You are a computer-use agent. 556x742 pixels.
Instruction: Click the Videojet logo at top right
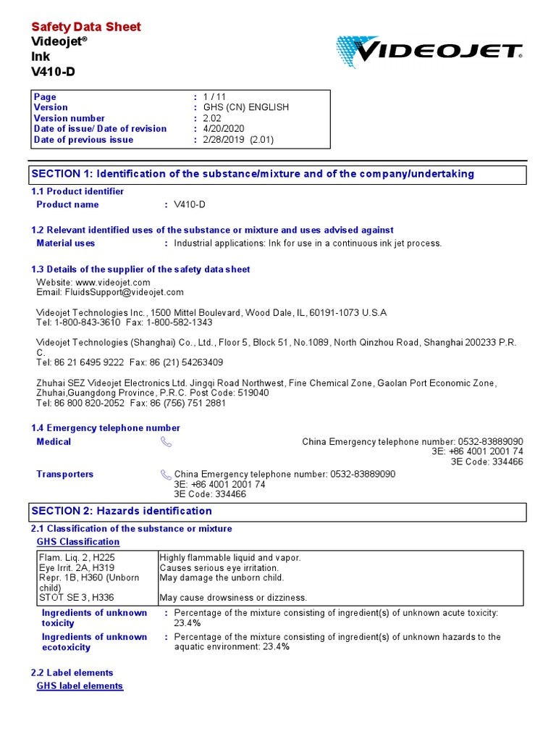point(429,51)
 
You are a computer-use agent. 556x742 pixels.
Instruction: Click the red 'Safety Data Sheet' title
point(86,27)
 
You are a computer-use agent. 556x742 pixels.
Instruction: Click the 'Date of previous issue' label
point(83,140)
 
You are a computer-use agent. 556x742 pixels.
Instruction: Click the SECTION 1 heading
point(253,174)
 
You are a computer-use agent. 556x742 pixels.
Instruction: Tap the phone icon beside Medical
point(166,442)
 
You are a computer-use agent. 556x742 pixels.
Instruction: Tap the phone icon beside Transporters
point(166,475)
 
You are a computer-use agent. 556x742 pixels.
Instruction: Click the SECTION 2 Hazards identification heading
point(122,512)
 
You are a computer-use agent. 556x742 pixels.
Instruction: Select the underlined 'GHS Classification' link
point(78,542)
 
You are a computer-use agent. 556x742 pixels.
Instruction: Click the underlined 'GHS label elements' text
point(80,686)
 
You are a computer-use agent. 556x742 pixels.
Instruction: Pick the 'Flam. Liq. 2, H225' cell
point(76,558)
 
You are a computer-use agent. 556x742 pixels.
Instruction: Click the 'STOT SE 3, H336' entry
point(76,598)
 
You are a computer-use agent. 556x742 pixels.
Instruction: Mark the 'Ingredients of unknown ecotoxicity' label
point(94,642)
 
